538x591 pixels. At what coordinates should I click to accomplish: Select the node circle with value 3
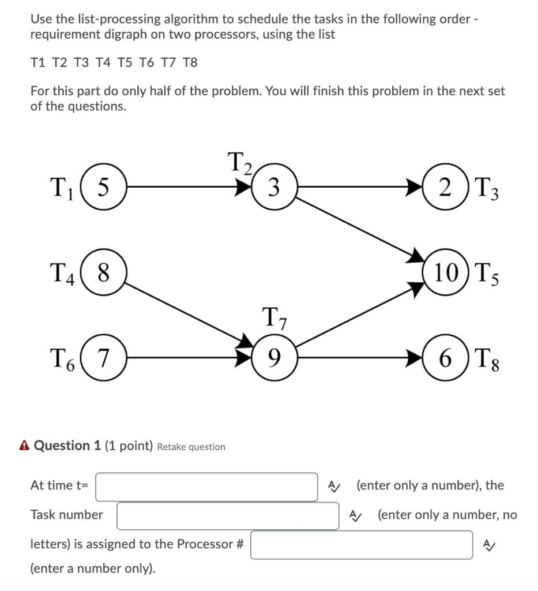[274, 186]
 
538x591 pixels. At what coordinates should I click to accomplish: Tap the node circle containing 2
[445, 186]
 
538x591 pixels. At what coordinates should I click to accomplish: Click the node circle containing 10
[445, 272]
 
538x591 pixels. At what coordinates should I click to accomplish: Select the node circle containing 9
[274, 358]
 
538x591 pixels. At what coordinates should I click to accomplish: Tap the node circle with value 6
[445, 358]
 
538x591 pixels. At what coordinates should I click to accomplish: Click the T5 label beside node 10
[486, 273]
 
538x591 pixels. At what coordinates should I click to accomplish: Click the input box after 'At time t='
[206, 487]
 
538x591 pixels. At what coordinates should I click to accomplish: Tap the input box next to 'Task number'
[228, 515]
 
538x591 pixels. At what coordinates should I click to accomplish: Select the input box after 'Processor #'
[362, 545]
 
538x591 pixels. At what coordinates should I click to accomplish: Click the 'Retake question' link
[191, 447]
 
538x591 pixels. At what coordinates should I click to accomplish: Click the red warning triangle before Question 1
[24, 446]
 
